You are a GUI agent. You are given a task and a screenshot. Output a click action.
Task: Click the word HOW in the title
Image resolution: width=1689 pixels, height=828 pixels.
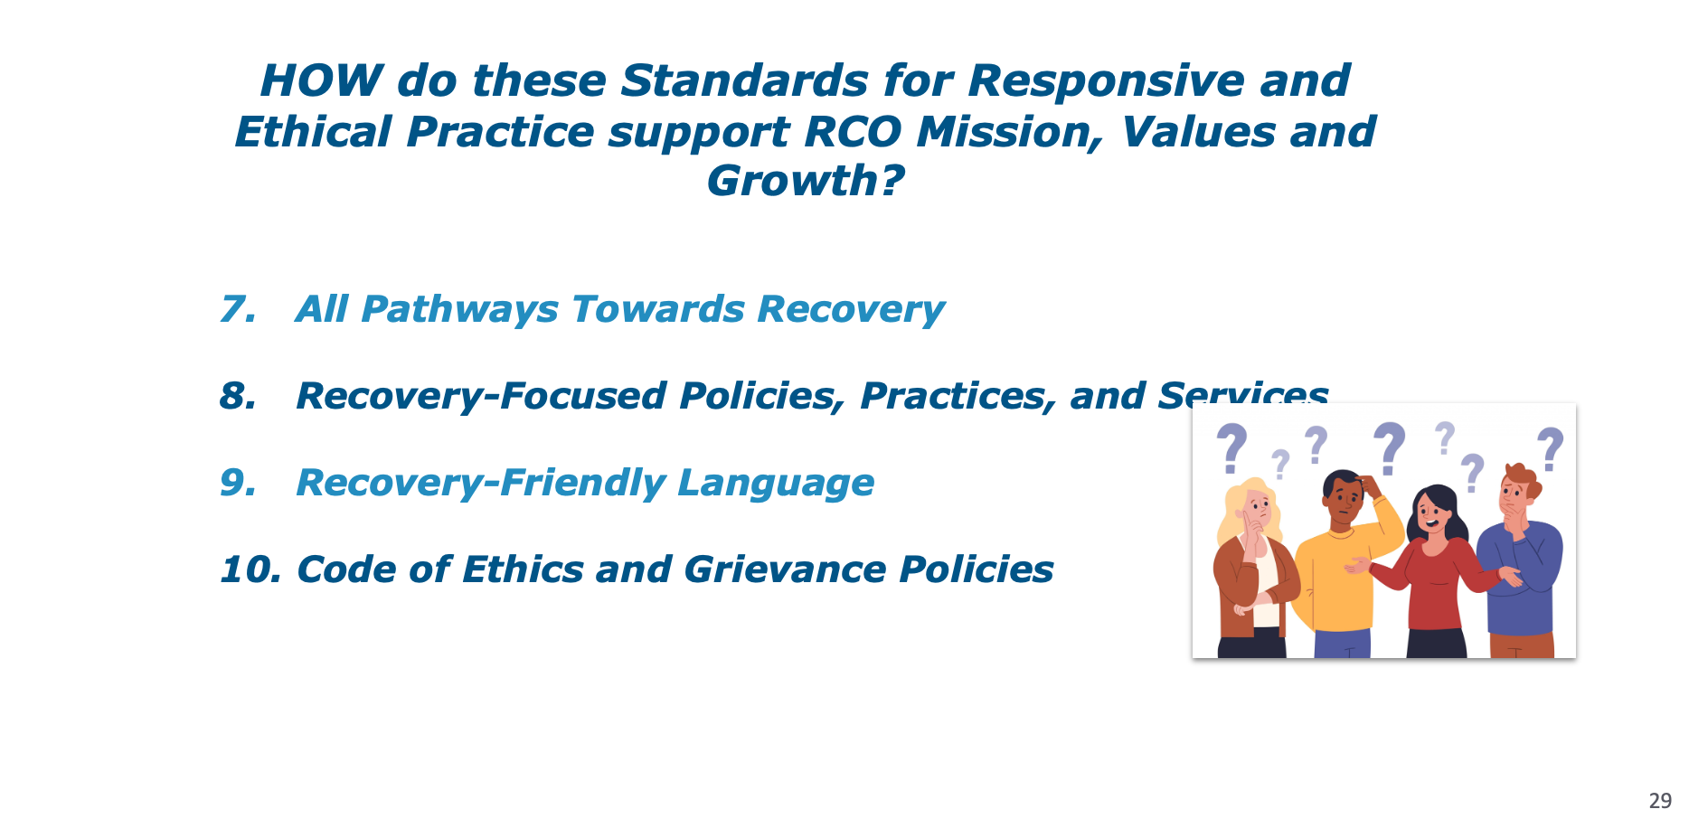[x=321, y=80]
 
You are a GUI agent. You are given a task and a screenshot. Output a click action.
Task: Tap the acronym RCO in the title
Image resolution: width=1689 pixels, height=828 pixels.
[x=852, y=132]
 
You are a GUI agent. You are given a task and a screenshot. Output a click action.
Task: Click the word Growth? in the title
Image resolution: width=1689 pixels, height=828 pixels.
[x=805, y=181]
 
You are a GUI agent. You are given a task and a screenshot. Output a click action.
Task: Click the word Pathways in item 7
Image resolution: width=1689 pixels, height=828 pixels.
[x=459, y=310]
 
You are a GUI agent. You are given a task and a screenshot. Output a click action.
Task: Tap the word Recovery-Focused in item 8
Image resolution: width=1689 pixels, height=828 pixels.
[x=481, y=396]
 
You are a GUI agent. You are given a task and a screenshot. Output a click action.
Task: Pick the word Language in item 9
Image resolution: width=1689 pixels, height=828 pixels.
[x=776, y=484]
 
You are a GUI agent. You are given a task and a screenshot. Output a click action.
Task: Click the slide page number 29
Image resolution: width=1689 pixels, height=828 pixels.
[x=1660, y=801]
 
